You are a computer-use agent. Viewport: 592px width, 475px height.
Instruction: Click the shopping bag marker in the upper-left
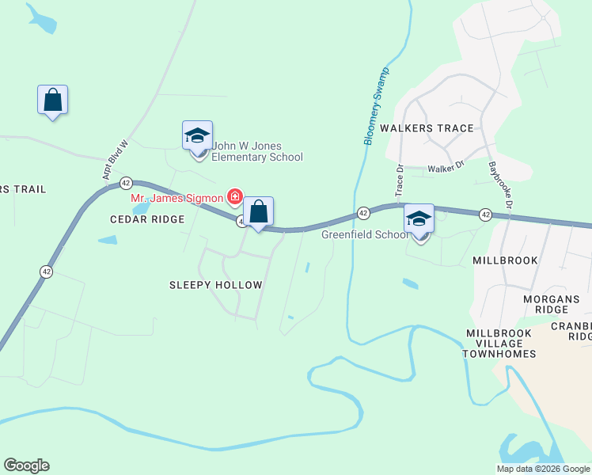pos(52,101)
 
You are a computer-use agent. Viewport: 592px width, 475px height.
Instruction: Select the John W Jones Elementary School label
pos(256,151)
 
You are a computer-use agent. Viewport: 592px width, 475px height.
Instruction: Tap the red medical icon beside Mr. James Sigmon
pos(235,196)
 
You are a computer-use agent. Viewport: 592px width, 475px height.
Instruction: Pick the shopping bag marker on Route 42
pos(258,212)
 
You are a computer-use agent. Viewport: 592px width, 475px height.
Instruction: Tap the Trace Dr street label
pos(399,181)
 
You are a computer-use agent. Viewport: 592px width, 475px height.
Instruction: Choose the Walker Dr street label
pos(444,169)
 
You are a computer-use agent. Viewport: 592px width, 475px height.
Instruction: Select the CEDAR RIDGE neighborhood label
pos(147,219)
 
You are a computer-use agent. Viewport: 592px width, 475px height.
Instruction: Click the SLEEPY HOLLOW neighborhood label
pos(216,284)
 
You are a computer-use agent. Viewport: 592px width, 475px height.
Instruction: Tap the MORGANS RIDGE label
pos(552,305)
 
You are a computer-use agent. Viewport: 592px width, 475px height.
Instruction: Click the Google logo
pos(26,465)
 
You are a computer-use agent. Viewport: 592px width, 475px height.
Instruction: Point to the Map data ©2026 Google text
pos(543,469)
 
